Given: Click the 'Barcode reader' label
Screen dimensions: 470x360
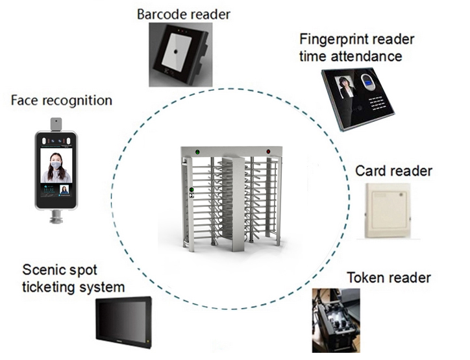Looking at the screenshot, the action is coord(184,14).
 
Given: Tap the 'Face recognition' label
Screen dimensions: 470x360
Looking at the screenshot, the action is coord(62,101).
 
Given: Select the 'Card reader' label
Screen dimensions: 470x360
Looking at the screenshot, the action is coord(393,171).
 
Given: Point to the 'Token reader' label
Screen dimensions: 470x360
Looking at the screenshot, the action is coord(389,278).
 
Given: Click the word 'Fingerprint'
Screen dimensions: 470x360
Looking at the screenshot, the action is coord(338,40).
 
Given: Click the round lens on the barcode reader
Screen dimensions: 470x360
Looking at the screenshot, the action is coord(176,51).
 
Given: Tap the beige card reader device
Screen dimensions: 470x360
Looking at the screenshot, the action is coord(388,211).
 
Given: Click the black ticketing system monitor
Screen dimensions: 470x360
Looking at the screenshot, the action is coord(124,322).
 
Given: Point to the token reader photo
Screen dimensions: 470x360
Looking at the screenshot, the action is coord(336,320).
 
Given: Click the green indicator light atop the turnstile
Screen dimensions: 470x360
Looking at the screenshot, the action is coord(197,152).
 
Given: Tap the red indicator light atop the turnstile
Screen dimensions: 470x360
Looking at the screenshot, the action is coord(268,152).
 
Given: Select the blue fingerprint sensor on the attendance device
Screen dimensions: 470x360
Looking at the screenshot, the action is coord(367,84).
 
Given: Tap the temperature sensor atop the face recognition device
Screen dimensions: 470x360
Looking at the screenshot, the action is coord(56,125).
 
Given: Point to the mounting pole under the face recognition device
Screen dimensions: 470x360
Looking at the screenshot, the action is coord(56,217).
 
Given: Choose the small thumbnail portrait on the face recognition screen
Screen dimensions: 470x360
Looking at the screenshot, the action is coord(64,190).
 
